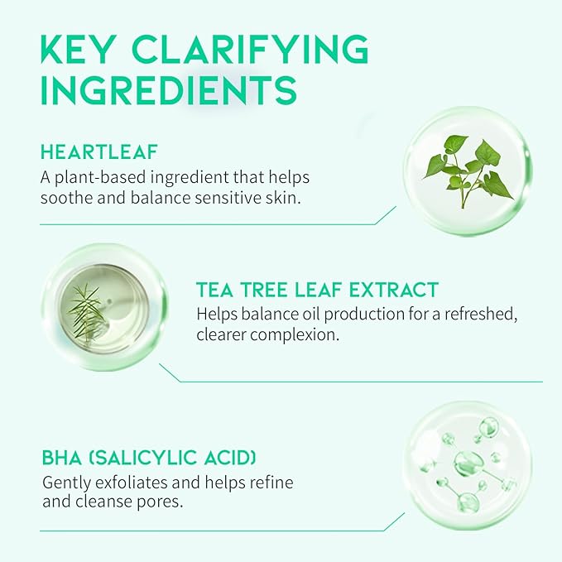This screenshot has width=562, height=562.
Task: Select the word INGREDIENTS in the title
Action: tap(169, 90)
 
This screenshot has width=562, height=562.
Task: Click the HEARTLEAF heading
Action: tap(99, 151)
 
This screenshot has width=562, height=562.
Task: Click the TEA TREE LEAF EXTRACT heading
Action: tap(318, 290)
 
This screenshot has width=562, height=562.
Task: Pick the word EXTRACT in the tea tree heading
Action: tap(393, 290)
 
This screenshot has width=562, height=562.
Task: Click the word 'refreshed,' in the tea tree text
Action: tap(481, 315)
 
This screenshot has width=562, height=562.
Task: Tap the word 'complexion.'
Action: tap(294, 335)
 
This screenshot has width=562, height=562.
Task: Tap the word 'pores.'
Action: tap(160, 502)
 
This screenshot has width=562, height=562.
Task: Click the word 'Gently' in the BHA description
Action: tap(65, 483)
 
